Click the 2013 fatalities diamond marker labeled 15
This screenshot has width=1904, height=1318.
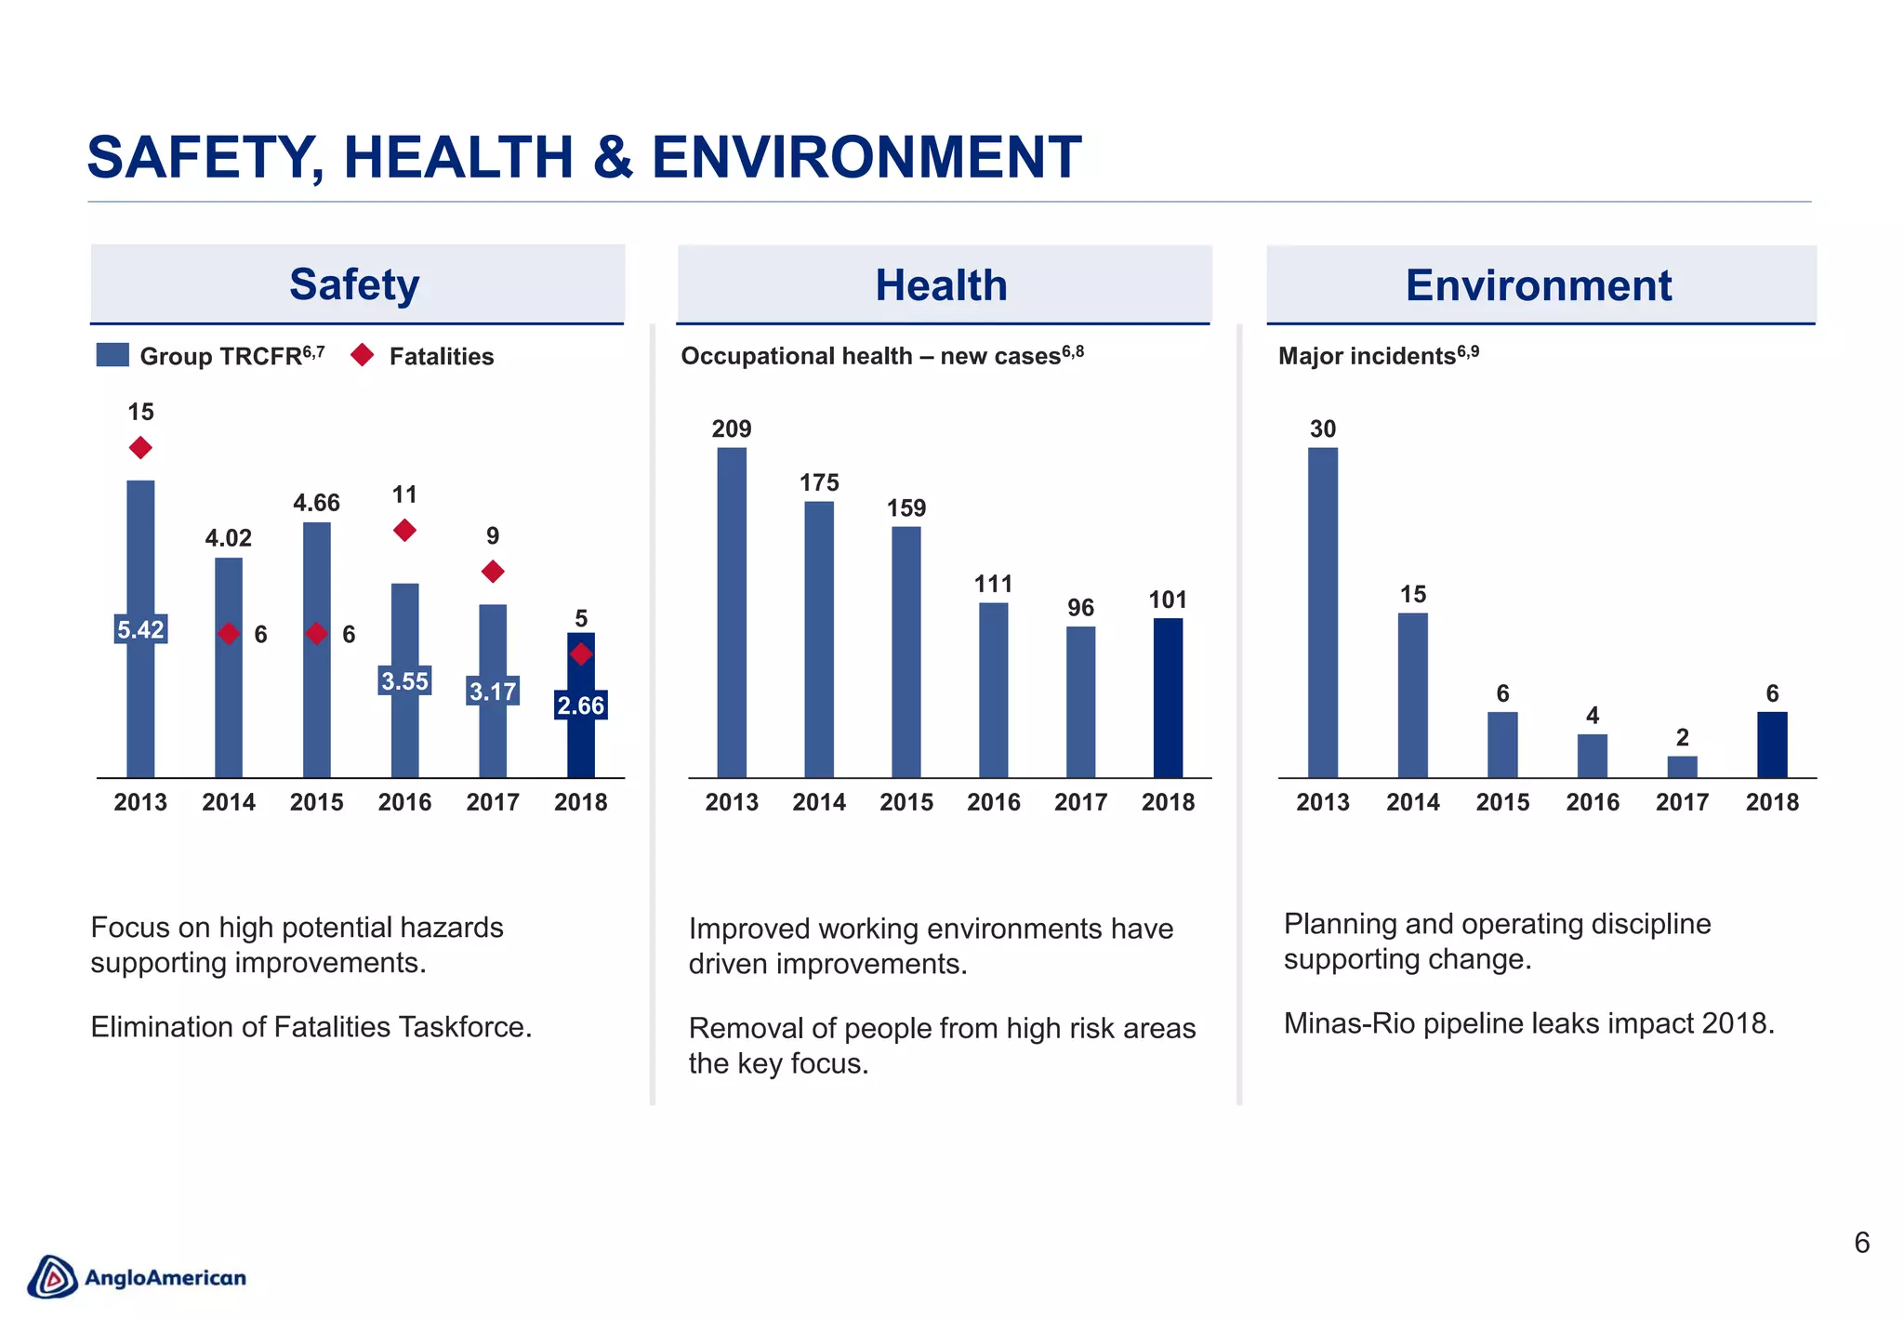point(140,448)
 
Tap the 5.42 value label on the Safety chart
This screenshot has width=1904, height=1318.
point(140,629)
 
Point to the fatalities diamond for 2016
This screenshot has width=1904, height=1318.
point(404,530)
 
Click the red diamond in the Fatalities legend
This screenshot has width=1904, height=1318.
point(363,355)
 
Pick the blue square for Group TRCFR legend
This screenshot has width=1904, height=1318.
point(112,355)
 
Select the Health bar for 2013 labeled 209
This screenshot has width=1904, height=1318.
point(732,613)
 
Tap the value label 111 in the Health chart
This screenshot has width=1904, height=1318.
point(993,584)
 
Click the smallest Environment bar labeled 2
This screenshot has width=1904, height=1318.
point(1682,767)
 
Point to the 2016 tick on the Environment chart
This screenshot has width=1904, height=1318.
point(1593,802)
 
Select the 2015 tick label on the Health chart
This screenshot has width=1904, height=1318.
point(906,802)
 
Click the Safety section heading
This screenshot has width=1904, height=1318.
point(354,284)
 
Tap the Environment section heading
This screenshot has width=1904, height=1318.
point(1539,285)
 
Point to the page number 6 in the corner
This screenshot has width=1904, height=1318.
point(1861,1243)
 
